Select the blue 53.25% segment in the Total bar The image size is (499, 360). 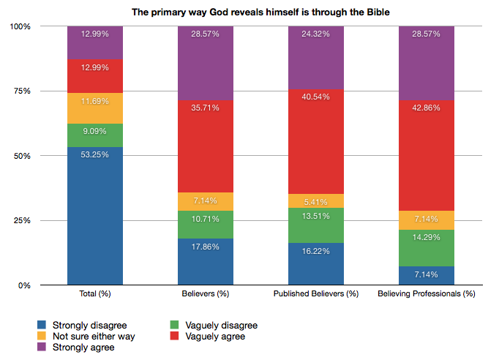[x=94, y=216]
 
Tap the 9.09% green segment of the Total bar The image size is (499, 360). [x=94, y=135]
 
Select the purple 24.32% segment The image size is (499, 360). [x=315, y=58]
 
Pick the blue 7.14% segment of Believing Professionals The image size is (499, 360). [x=426, y=275]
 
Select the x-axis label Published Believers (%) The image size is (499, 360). [x=315, y=294]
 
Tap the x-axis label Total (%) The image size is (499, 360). [x=94, y=294]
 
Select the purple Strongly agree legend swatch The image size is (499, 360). [x=42, y=348]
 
